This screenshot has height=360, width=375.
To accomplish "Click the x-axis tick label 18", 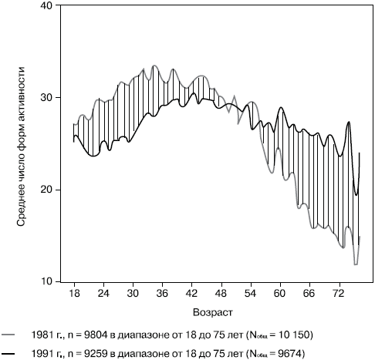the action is tap(74, 294).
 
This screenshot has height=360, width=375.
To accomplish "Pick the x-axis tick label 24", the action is tap(103, 294).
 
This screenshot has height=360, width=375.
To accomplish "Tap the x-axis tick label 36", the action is tap(162, 294).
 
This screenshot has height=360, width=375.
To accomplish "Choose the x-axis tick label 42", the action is tap(191, 294).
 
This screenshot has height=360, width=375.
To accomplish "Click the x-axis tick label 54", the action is tap(251, 294).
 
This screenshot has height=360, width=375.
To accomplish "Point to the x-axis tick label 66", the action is tap(309, 294).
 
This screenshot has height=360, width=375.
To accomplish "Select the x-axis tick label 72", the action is tap(339, 294).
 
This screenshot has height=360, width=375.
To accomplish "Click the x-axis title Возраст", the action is tap(213, 312).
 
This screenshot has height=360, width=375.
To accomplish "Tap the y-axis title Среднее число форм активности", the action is tap(21, 146).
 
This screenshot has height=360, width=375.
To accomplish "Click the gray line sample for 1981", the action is tap(8, 335).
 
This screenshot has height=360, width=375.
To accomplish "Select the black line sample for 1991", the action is tap(8, 354).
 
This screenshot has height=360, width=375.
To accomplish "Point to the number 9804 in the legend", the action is tap(96, 335).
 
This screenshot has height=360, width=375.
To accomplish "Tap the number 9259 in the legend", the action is tap(96, 354).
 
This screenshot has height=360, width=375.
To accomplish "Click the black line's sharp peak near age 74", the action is tap(349, 122).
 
